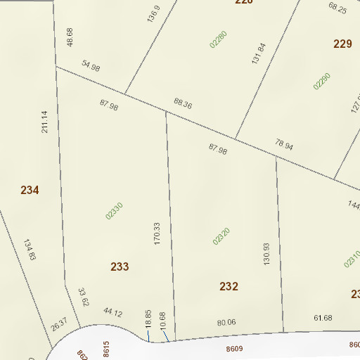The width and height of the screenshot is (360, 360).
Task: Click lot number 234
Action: [30, 190]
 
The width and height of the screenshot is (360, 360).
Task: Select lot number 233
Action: [120, 266]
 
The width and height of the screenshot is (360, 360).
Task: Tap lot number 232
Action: [229, 286]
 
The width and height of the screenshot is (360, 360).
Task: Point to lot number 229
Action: [342, 44]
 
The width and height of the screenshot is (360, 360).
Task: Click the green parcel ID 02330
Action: [114, 211]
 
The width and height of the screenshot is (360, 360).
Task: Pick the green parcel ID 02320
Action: [221, 236]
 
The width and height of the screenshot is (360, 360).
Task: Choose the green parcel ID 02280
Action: [218, 39]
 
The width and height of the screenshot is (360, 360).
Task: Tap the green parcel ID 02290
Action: [322, 81]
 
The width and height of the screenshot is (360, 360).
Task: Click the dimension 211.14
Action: [45, 122]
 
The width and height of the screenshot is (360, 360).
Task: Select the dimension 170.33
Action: [157, 233]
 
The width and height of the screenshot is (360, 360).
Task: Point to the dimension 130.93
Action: [266, 254]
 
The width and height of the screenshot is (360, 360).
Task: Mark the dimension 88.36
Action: [182, 104]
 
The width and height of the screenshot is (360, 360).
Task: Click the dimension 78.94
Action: [284, 145]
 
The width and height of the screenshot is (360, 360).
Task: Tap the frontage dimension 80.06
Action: [226, 323]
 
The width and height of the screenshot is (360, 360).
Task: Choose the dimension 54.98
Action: [91, 66]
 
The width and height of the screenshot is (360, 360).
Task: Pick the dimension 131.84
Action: [259, 54]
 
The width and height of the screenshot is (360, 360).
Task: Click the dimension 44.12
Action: [112, 311]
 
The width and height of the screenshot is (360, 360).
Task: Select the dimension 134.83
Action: [30, 250]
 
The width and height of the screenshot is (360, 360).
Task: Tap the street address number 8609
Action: [234, 348]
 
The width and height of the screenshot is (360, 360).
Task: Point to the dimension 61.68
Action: [323, 319]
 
